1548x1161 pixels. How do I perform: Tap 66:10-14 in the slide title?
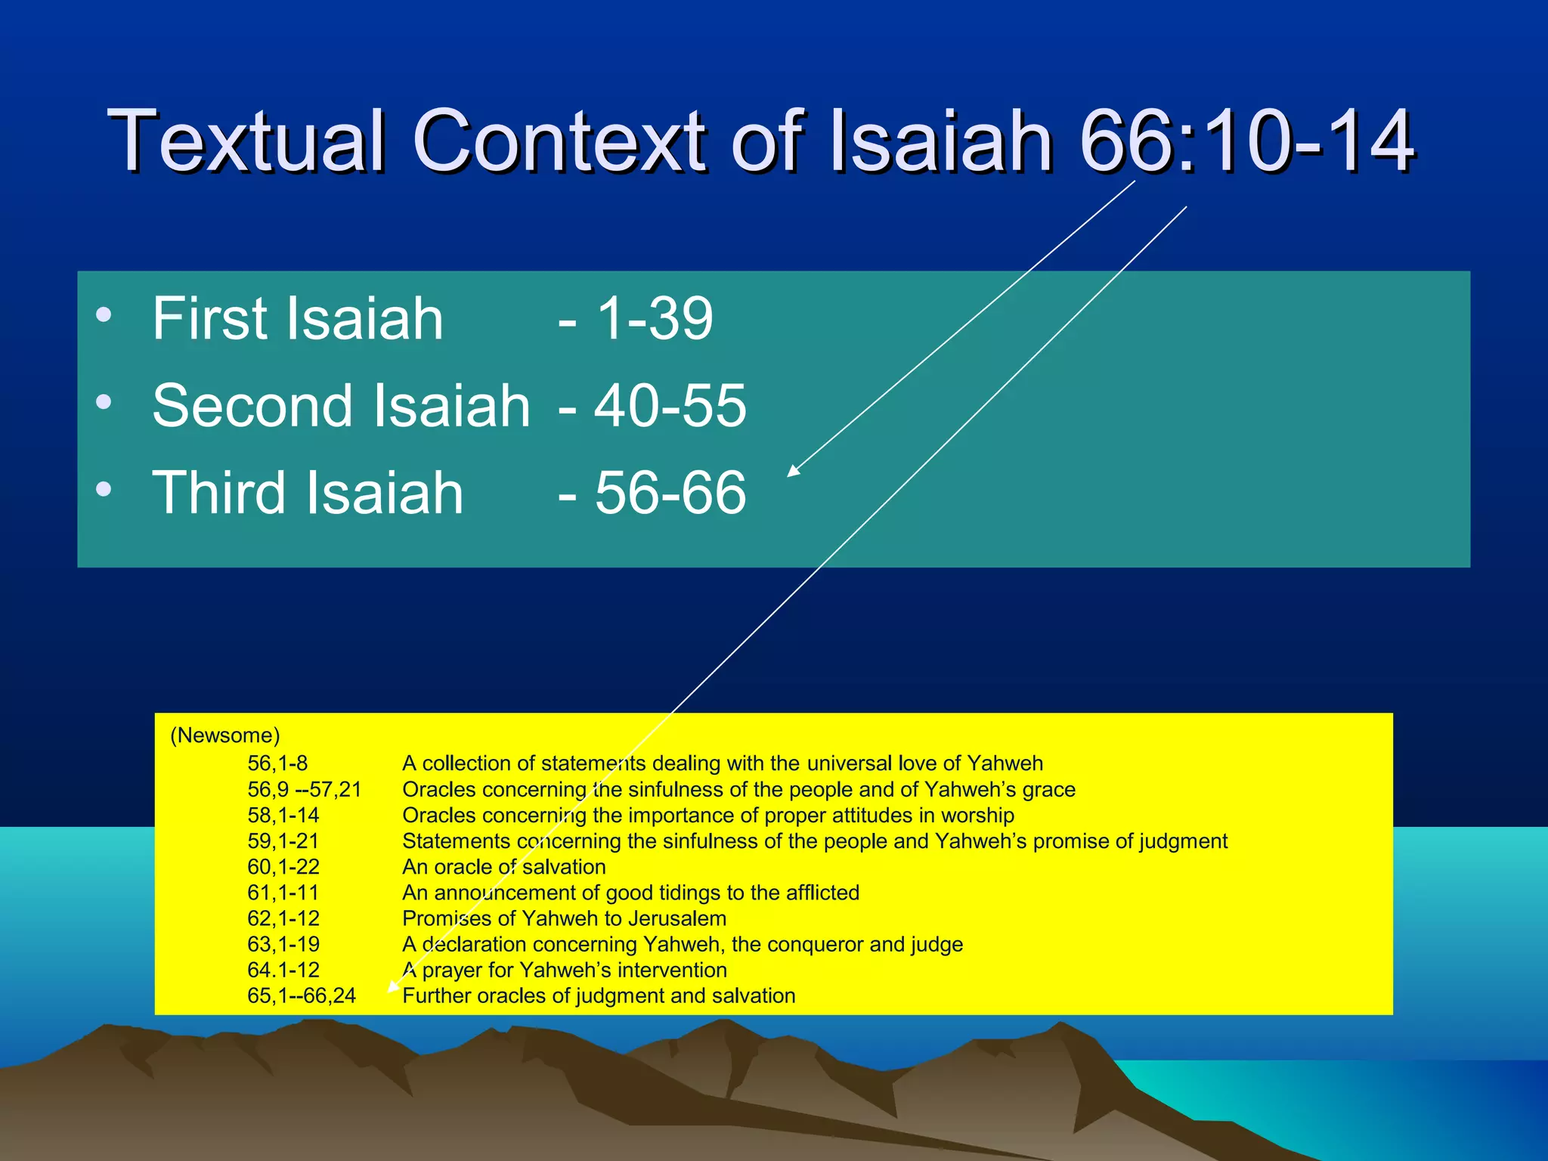(x=1246, y=141)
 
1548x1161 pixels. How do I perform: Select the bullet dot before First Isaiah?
(x=104, y=314)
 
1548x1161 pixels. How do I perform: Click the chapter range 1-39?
(x=655, y=318)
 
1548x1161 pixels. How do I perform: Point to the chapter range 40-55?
(x=670, y=406)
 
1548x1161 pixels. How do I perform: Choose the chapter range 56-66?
(x=670, y=493)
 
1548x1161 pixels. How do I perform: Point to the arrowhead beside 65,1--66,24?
(x=393, y=986)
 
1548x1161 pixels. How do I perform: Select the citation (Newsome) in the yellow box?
(x=224, y=735)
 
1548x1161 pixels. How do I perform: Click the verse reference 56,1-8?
(x=277, y=763)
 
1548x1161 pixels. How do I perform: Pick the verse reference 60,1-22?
(x=283, y=867)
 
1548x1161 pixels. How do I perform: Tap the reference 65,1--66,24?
(x=301, y=995)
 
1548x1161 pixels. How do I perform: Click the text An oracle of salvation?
(x=503, y=867)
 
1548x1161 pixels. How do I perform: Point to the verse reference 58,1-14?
(x=283, y=816)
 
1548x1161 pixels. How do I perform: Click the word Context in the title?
(x=562, y=141)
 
